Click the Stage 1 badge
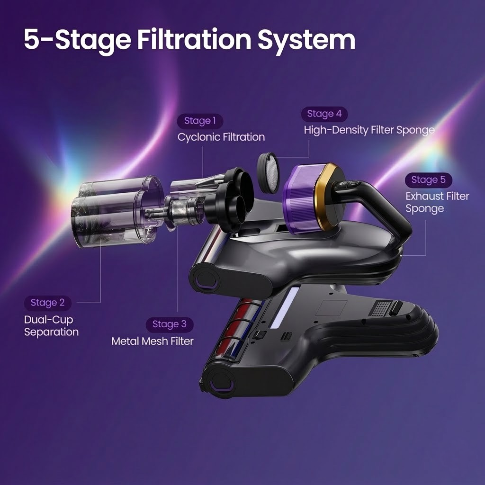200,121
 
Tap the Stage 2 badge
48,303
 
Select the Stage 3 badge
170,324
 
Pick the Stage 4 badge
324,114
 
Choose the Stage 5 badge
428,180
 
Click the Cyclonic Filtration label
221,137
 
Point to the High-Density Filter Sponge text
369,130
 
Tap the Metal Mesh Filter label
153,341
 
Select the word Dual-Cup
49,320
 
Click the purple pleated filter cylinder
300,198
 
